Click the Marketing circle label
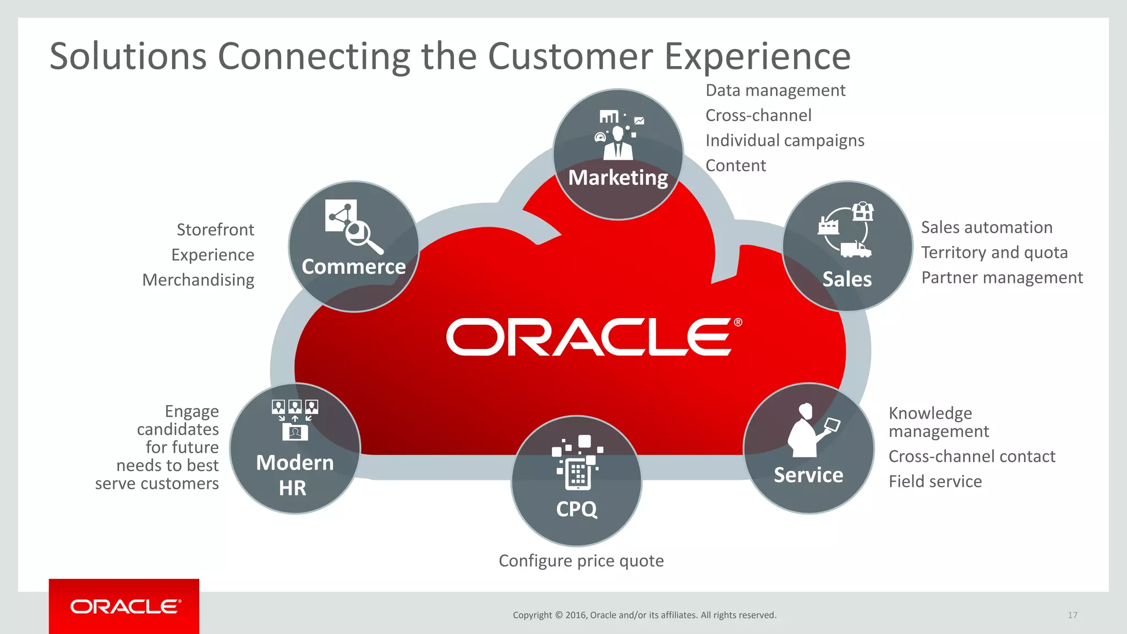coord(617,178)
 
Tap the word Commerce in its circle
coord(353,266)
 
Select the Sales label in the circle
coord(847,279)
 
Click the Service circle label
coord(808,474)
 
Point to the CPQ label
coord(576,509)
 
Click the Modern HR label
coord(294,475)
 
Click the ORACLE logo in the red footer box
coord(125,606)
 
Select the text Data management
coord(775,90)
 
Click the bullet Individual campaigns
coord(784,140)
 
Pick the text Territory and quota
coord(994,253)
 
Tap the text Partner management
coord(1002,277)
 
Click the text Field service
coord(935,482)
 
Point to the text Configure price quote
coord(581,561)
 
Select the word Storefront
coord(215,229)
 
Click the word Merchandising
coord(198,280)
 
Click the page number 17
coord(1072,615)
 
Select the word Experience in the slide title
coord(757,57)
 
